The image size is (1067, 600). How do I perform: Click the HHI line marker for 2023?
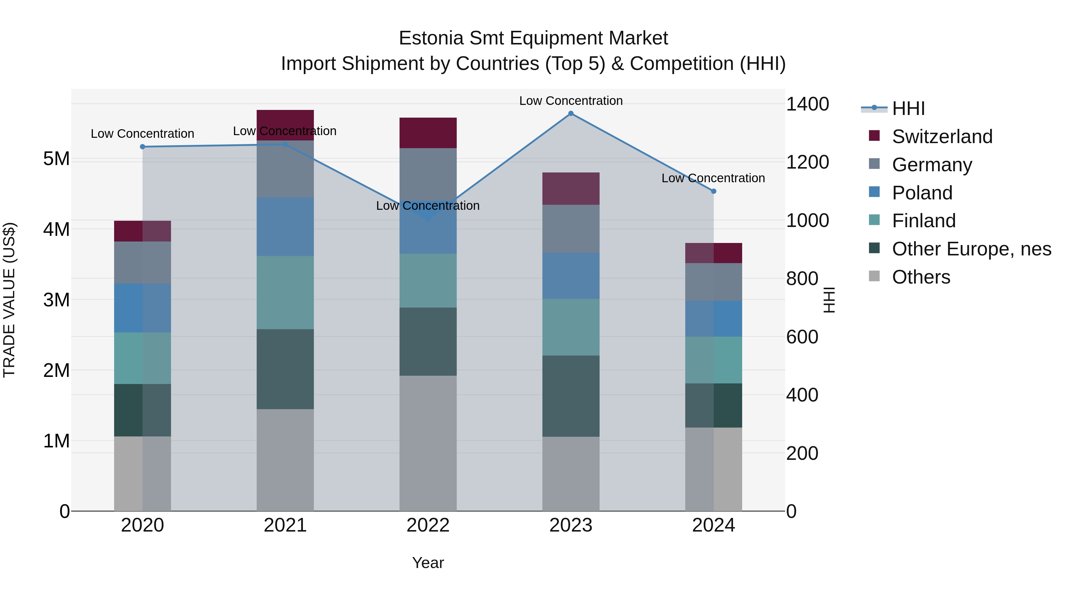(x=571, y=113)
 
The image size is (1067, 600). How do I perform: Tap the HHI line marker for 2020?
(x=143, y=147)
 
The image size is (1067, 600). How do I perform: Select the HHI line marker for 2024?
(x=713, y=191)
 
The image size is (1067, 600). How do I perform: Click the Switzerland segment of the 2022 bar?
(x=428, y=133)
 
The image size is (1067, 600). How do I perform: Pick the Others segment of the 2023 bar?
(x=571, y=474)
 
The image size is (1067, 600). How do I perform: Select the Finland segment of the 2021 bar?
(x=285, y=292)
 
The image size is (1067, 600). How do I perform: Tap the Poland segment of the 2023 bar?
(x=571, y=276)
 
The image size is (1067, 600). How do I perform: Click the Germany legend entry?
(x=932, y=165)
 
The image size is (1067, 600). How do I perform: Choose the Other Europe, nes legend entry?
(x=971, y=249)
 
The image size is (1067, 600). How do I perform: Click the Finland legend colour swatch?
(x=874, y=220)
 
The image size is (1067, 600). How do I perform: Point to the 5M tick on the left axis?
(x=56, y=159)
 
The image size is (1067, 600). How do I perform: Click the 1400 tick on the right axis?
(x=807, y=104)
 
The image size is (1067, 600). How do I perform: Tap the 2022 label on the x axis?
(x=428, y=525)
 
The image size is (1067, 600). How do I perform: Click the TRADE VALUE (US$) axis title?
(x=9, y=300)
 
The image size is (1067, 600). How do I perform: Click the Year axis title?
(x=428, y=563)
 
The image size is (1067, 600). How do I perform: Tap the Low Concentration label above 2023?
(x=571, y=101)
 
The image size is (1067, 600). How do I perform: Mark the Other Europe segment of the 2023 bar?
(x=571, y=396)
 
